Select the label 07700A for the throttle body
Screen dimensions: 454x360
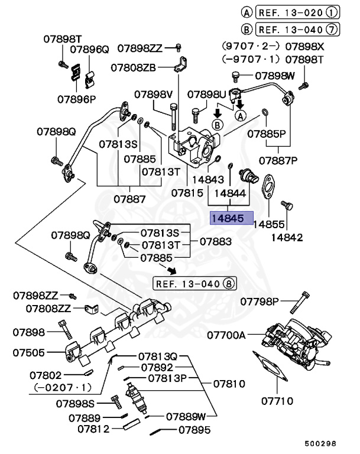(226, 335)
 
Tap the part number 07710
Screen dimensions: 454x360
(277, 401)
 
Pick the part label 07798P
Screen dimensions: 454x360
(260, 302)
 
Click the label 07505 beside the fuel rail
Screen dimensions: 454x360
(28, 353)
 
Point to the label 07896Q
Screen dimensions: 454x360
(90, 50)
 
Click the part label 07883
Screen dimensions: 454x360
(216, 241)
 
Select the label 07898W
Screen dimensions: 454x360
(275, 76)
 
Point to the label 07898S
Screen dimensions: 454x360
(75, 403)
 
